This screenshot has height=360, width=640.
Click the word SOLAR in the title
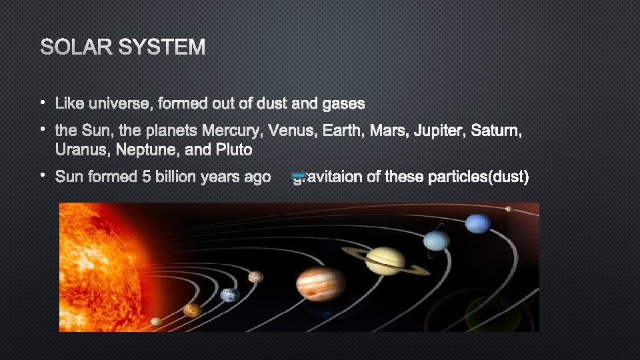(x=73, y=47)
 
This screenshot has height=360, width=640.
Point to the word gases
(x=343, y=103)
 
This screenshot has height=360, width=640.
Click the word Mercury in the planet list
(x=232, y=132)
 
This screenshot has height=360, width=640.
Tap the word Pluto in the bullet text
(x=234, y=149)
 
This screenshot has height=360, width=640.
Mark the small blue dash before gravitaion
(x=299, y=175)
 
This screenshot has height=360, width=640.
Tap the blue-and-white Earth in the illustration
(x=230, y=294)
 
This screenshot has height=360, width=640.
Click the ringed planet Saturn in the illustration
(x=385, y=259)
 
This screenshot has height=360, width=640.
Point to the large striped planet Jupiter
(x=321, y=283)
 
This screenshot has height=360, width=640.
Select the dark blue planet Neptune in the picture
(x=478, y=223)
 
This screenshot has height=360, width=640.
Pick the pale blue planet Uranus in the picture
(x=437, y=240)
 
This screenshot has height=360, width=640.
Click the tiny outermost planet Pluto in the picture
(x=509, y=209)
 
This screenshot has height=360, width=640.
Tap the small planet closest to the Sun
(x=156, y=321)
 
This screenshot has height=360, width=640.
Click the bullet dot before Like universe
(x=41, y=103)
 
